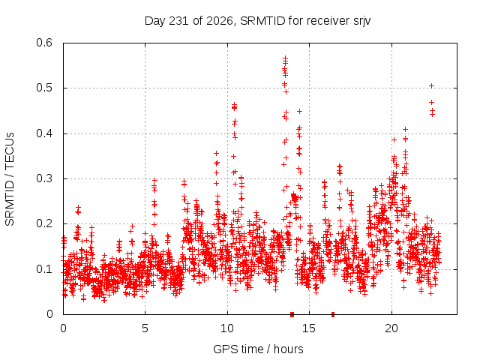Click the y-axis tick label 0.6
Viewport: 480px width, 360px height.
44,43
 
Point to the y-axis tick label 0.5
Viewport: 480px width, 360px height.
44,88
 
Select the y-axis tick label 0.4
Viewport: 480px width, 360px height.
44,133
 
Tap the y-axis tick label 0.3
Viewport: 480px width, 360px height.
44,178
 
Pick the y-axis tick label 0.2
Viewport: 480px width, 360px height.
44,223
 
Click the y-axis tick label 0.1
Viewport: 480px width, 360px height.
44,269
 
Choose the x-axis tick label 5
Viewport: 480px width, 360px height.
145,328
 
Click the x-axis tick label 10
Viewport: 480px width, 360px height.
227,328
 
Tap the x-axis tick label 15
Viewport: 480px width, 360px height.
309,328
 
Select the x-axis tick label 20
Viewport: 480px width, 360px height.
391,328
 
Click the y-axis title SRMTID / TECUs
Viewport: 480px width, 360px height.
10,179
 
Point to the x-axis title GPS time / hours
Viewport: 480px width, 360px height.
258,349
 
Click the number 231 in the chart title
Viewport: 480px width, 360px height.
179,21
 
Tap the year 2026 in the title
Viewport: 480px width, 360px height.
220,21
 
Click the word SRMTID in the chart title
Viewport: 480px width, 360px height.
263,21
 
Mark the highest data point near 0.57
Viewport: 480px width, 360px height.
285,58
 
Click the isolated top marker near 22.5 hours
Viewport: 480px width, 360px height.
432,86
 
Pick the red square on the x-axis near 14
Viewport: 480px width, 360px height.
292,314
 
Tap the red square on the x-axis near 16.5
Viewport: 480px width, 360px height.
333,314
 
